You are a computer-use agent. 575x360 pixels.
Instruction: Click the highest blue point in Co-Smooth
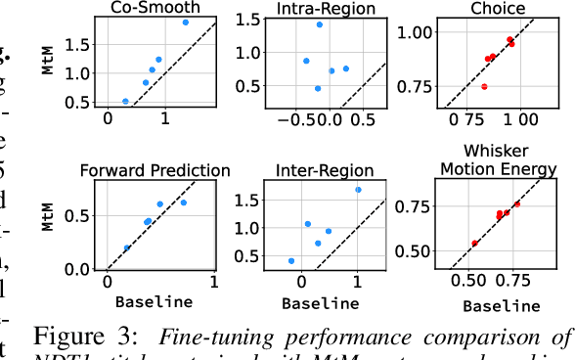(x=186, y=22)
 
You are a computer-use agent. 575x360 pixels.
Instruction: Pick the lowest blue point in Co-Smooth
(x=125, y=101)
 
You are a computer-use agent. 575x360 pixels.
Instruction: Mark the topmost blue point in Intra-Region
(x=320, y=24)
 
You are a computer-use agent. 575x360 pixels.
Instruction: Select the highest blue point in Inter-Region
(x=358, y=190)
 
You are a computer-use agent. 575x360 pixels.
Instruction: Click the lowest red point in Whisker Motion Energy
(x=475, y=243)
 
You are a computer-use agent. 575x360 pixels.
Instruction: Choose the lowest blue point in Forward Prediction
(x=127, y=247)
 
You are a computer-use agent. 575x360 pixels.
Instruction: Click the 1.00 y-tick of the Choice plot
(x=411, y=33)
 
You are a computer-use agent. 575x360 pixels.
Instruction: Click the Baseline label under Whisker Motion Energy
(x=501, y=306)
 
